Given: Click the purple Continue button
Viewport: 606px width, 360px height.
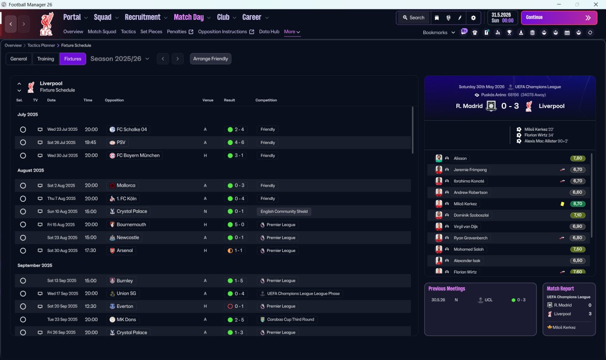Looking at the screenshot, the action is tap(559, 18).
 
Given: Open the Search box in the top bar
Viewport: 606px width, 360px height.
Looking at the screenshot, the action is tap(414, 18).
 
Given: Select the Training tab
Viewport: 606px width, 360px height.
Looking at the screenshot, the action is tap(45, 59).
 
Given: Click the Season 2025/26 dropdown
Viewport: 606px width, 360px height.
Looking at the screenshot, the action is tap(120, 59).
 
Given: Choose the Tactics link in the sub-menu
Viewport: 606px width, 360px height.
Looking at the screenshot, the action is tap(128, 32).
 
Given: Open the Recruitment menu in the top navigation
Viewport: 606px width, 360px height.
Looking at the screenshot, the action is tap(143, 18).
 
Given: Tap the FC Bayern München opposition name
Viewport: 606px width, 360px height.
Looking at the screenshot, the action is tap(138, 155).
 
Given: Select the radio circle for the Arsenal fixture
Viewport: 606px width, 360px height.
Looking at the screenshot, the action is tap(23, 251).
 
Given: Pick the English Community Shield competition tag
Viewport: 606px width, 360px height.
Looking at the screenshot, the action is tap(284, 211).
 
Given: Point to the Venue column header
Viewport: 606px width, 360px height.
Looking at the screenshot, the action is tap(208, 100).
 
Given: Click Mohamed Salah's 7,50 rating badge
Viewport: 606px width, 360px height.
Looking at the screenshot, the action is tap(577, 249).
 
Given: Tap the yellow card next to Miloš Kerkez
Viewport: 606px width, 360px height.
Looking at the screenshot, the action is tap(562, 204).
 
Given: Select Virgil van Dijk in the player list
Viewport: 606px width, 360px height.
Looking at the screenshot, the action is tap(465, 226).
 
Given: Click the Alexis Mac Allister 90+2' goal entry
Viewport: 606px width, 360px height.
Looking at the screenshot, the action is tap(546, 141).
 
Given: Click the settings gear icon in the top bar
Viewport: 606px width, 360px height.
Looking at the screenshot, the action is tap(473, 18).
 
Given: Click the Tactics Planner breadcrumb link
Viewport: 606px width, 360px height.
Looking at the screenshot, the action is tap(41, 45).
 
